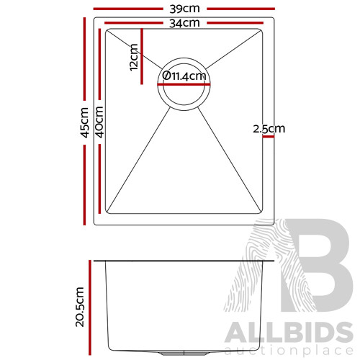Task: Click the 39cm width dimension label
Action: [184, 9]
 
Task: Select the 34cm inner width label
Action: [184, 23]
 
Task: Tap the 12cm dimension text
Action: [133, 57]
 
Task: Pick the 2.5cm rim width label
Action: [269, 130]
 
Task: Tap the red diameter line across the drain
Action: [185, 84]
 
